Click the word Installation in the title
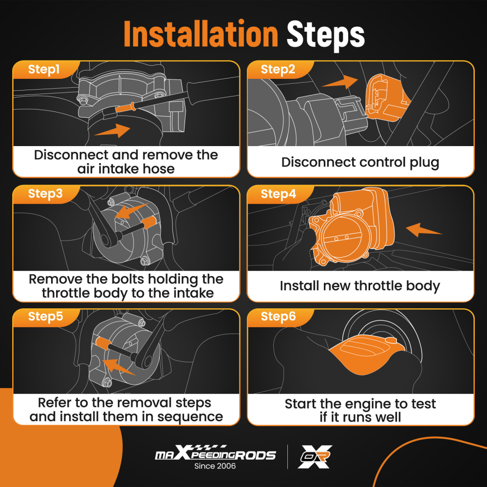tap(201, 34)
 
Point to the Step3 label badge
tap(46, 194)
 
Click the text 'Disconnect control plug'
tap(360, 163)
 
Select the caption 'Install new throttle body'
tap(360, 286)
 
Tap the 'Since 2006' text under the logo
tap(215, 466)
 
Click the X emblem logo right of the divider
tap(315, 456)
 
